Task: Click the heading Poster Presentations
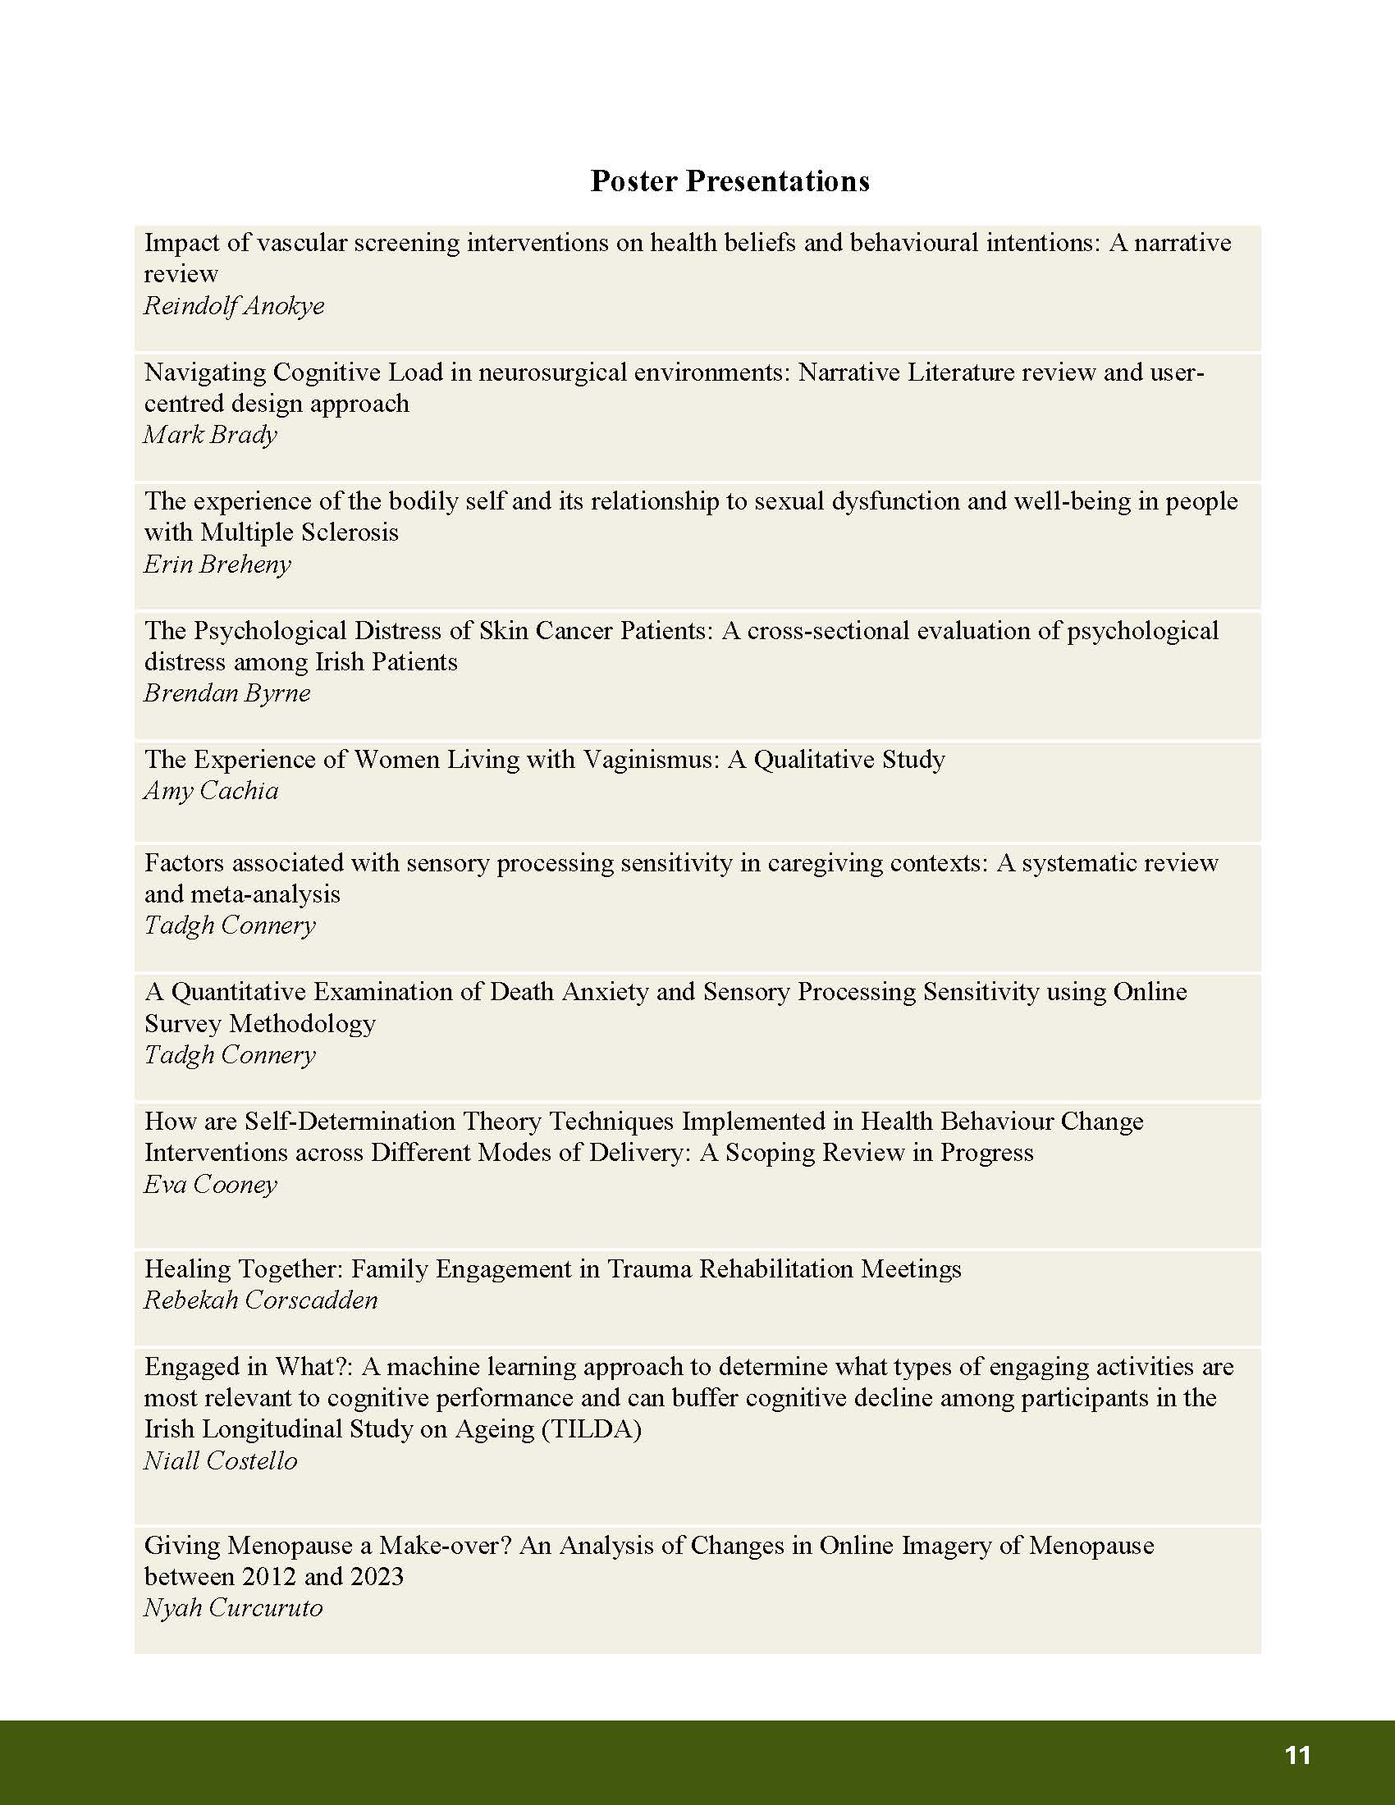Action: [730, 181]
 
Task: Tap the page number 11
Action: [1298, 1756]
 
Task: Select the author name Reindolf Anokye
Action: [234, 306]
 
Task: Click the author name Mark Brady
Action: [210, 435]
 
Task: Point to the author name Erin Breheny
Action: [217, 564]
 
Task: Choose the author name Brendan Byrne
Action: [227, 693]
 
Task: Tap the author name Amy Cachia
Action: [212, 791]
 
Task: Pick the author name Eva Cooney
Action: [211, 1184]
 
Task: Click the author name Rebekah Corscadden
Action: [261, 1300]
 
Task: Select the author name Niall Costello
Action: [221, 1460]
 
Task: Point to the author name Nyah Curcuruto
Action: [233, 1607]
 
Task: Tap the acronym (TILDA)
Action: [591, 1429]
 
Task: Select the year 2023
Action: [377, 1576]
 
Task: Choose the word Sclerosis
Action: [350, 532]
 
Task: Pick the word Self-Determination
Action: [350, 1122]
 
